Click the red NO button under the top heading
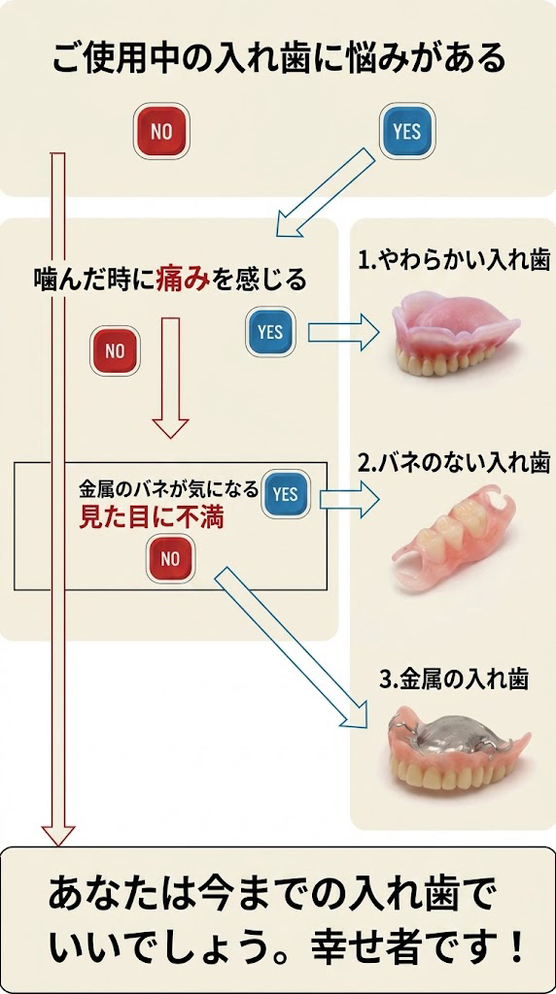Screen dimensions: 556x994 (161, 131)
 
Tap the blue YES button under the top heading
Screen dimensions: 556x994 (407, 131)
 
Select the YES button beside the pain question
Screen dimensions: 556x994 (271, 332)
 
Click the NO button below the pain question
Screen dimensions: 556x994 (115, 350)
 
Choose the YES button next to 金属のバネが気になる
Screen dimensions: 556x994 (286, 493)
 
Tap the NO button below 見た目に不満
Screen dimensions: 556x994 (171, 558)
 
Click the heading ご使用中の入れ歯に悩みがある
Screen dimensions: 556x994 (278, 59)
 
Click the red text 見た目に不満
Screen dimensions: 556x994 (151, 518)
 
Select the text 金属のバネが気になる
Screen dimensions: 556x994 (168, 489)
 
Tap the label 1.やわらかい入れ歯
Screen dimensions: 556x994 (454, 261)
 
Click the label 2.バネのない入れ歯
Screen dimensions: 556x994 (454, 463)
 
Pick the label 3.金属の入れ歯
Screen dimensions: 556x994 (454, 679)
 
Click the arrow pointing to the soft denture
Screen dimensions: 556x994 (343, 332)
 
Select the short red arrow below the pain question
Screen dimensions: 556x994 (171, 378)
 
